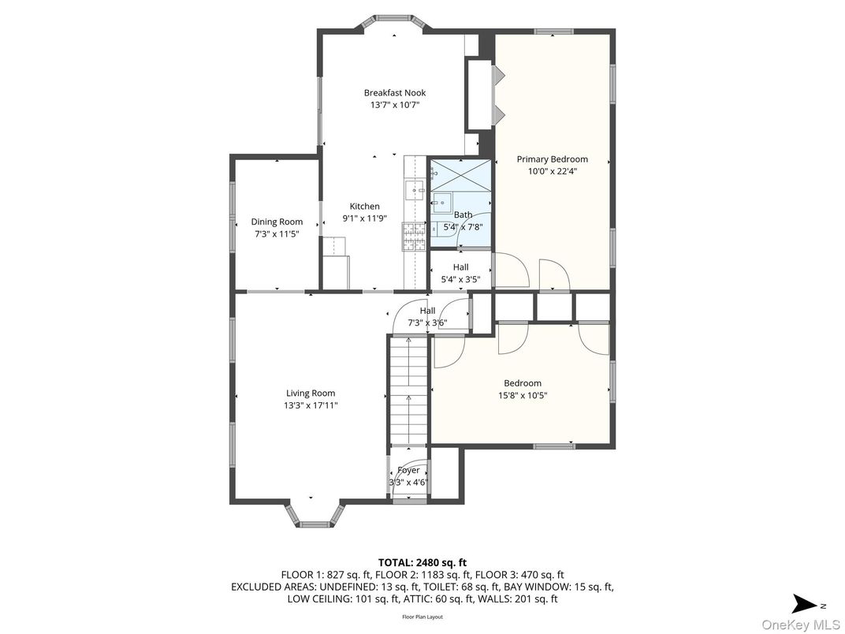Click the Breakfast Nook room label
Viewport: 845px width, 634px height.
(394, 92)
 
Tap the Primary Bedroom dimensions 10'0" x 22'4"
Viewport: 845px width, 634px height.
(552, 171)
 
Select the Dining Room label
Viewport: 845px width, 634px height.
(277, 222)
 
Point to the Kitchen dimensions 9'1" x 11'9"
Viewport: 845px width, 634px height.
(364, 218)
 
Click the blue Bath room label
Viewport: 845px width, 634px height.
(463, 214)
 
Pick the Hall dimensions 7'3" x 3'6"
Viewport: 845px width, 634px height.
(427, 323)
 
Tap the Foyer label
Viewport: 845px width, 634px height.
(408, 470)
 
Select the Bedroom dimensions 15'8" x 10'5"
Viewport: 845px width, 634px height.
(523, 395)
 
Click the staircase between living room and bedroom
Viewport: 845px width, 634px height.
(408, 390)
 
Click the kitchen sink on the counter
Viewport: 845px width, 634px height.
(415, 190)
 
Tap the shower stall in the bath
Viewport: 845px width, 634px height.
(460, 173)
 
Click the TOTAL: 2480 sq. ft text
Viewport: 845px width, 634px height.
(422, 562)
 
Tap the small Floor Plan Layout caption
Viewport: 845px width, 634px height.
(422, 617)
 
